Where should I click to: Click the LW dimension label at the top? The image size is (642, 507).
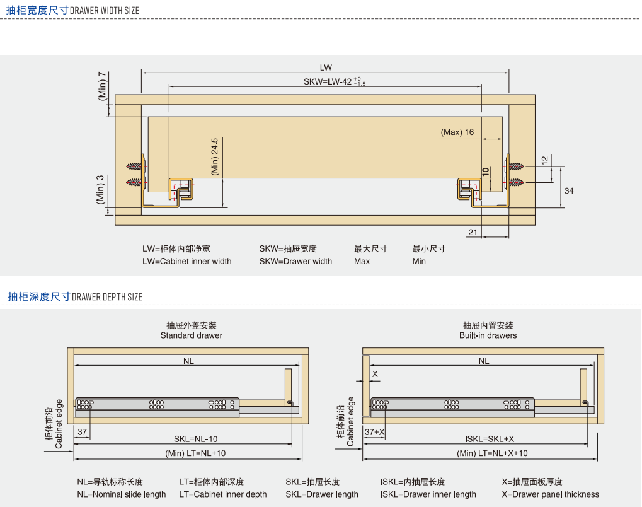tap(325, 67)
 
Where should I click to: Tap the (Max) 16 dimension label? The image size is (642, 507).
tap(457, 132)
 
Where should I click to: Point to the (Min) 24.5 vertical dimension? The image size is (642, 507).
tap(215, 156)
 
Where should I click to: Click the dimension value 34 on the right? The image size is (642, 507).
tap(569, 190)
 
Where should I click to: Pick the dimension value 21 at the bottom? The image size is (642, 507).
tap(473, 233)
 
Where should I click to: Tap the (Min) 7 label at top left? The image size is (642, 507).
tap(102, 86)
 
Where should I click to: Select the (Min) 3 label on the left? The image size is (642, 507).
tap(100, 189)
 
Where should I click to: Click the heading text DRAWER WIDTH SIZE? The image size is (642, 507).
tap(105, 11)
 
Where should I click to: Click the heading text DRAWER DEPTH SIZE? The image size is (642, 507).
tap(107, 297)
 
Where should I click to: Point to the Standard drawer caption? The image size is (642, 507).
tap(191, 335)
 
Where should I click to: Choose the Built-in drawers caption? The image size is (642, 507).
tap(488, 335)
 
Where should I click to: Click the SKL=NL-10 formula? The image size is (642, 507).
tap(195, 439)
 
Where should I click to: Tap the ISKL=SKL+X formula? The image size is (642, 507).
tap(490, 439)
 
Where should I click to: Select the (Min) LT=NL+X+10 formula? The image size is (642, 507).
tap(492, 453)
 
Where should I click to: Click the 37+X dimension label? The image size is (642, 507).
tap(374, 432)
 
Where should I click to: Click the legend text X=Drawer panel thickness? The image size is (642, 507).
tap(550, 494)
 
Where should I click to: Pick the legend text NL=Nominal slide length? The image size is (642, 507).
tap(122, 494)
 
